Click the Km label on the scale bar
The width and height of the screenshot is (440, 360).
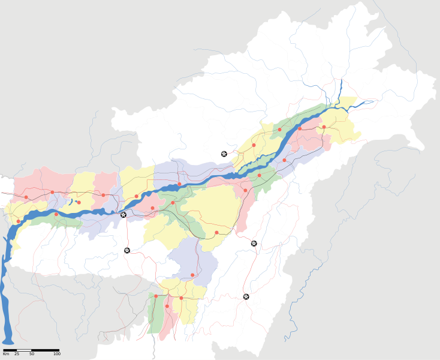click(x=6, y=355)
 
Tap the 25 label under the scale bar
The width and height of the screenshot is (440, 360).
click(x=17, y=355)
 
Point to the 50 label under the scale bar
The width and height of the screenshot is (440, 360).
click(x=31, y=355)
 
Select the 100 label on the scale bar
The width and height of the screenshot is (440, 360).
click(x=56, y=355)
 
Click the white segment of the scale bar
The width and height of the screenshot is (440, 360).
click(x=24, y=350)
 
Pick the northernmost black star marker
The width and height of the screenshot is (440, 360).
click(x=224, y=154)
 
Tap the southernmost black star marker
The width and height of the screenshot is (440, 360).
click(x=246, y=296)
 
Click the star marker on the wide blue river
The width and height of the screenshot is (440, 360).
click(x=123, y=215)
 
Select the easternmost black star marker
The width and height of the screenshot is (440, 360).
click(x=254, y=243)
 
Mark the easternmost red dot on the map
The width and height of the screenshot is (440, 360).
click(x=324, y=127)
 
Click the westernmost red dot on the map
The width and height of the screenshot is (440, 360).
click(x=19, y=221)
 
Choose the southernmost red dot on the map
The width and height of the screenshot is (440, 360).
click(x=167, y=307)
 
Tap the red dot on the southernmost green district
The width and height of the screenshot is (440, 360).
click(x=156, y=296)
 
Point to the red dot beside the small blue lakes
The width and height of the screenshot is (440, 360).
click(x=79, y=202)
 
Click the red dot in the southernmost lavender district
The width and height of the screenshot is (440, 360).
click(x=192, y=275)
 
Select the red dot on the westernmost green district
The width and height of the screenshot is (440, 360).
click(x=56, y=214)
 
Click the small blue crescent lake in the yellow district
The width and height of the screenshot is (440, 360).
click(x=70, y=202)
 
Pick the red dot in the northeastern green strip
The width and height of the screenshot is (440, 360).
click(x=279, y=130)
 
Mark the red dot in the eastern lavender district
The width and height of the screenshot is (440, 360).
click(x=284, y=160)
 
